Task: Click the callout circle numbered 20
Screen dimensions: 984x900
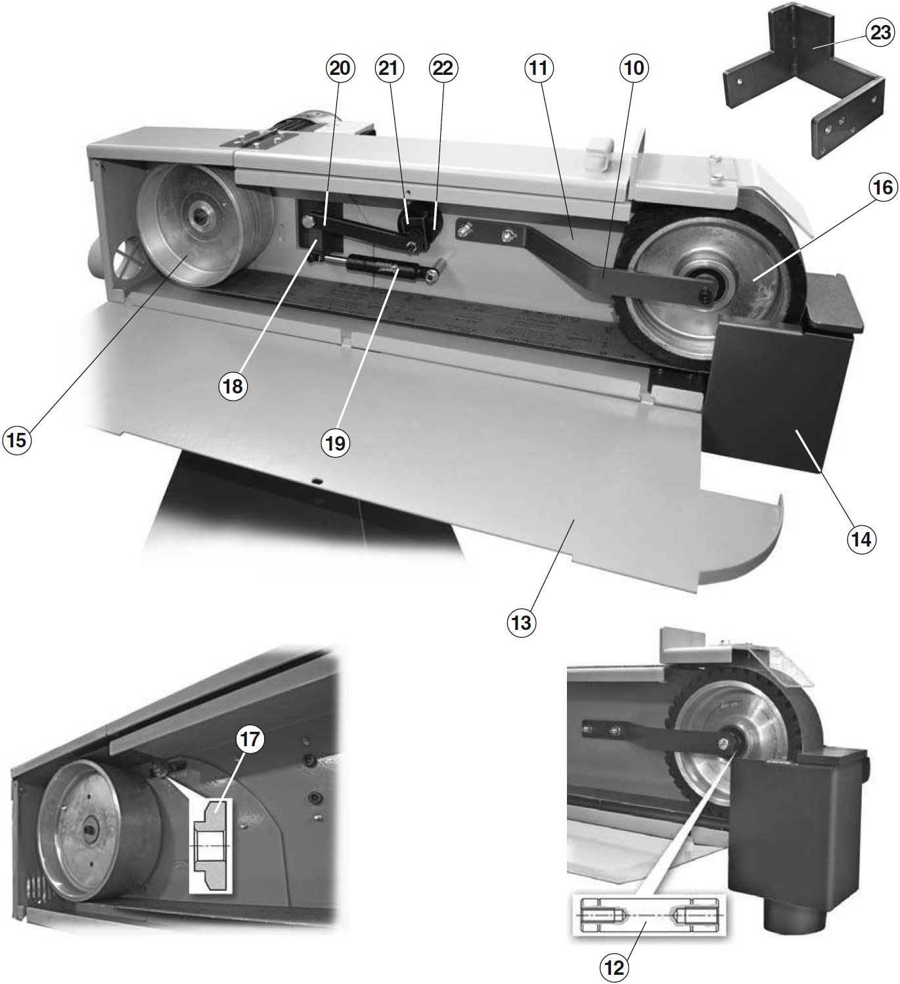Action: pyautogui.click(x=340, y=68)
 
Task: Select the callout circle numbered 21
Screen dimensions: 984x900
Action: pyautogui.click(x=390, y=68)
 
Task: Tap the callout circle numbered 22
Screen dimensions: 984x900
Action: pyautogui.click(x=443, y=68)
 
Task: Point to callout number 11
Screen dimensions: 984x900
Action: pyautogui.click(x=539, y=68)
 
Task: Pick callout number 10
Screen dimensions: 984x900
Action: pyautogui.click(x=634, y=68)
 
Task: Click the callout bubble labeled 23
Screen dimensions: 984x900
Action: pyautogui.click(x=880, y=33)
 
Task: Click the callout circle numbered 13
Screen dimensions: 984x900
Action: pyautogui.click(x=521, y=621)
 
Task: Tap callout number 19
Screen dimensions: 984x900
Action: pyautogui.click(x=335, y=443)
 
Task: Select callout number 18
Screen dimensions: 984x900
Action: pyautogui.click(x=233, y=386)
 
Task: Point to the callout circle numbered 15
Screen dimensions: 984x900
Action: pyautogui.click(x=16, y=439)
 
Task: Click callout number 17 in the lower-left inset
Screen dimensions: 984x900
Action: pyautogui.click(x=250, y=740)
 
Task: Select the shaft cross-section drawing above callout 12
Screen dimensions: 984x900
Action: pyautogui.click(x=646, y=914)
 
